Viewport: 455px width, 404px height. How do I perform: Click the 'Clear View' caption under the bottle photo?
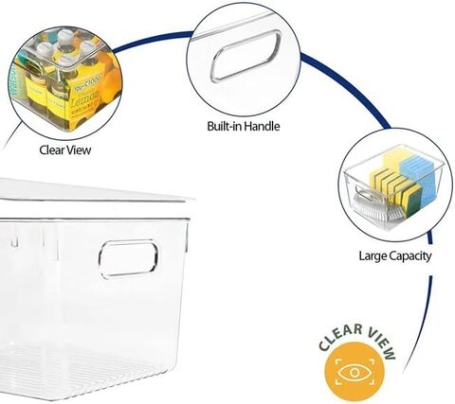[65, 150]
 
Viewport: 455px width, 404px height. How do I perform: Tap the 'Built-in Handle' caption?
[244, 126]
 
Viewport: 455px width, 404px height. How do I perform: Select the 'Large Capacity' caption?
[395, 255]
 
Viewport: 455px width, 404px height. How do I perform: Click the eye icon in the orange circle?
[355, 373]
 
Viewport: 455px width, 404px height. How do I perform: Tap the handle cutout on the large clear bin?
[128, 259]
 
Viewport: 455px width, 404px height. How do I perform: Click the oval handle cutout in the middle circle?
[246, 56]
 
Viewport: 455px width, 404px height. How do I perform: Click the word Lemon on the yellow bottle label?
[85, 97]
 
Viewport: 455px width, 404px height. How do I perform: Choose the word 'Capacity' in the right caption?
[409, 256]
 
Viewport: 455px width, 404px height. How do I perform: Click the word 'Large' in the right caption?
[373, 256]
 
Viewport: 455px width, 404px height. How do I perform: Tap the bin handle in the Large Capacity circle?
[363, 194]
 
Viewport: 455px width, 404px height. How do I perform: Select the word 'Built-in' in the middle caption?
[225, 126]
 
